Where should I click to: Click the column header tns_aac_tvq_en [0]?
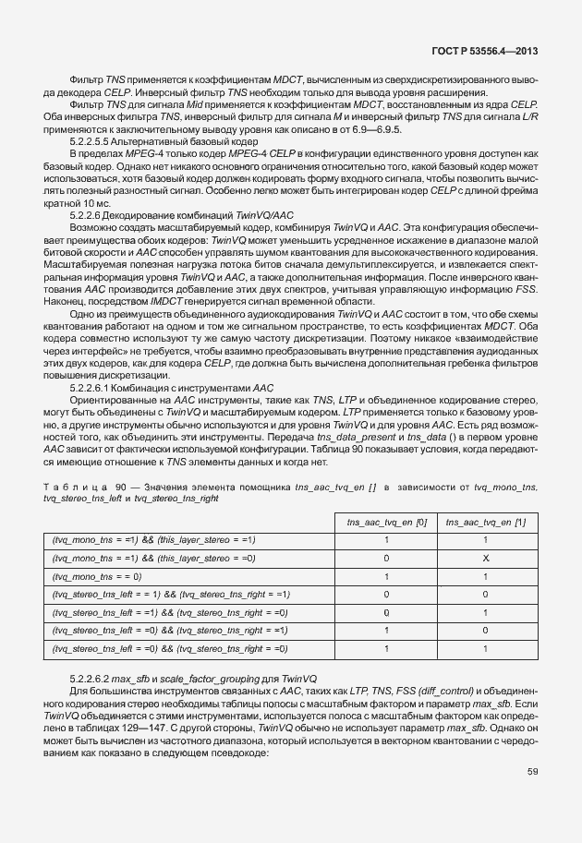pyautogui.click(x=386, y=522)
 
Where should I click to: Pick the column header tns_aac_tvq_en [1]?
pyautogui.click(x=485, y=522)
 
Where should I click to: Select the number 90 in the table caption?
pyautogui.click(x=120, y=486)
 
